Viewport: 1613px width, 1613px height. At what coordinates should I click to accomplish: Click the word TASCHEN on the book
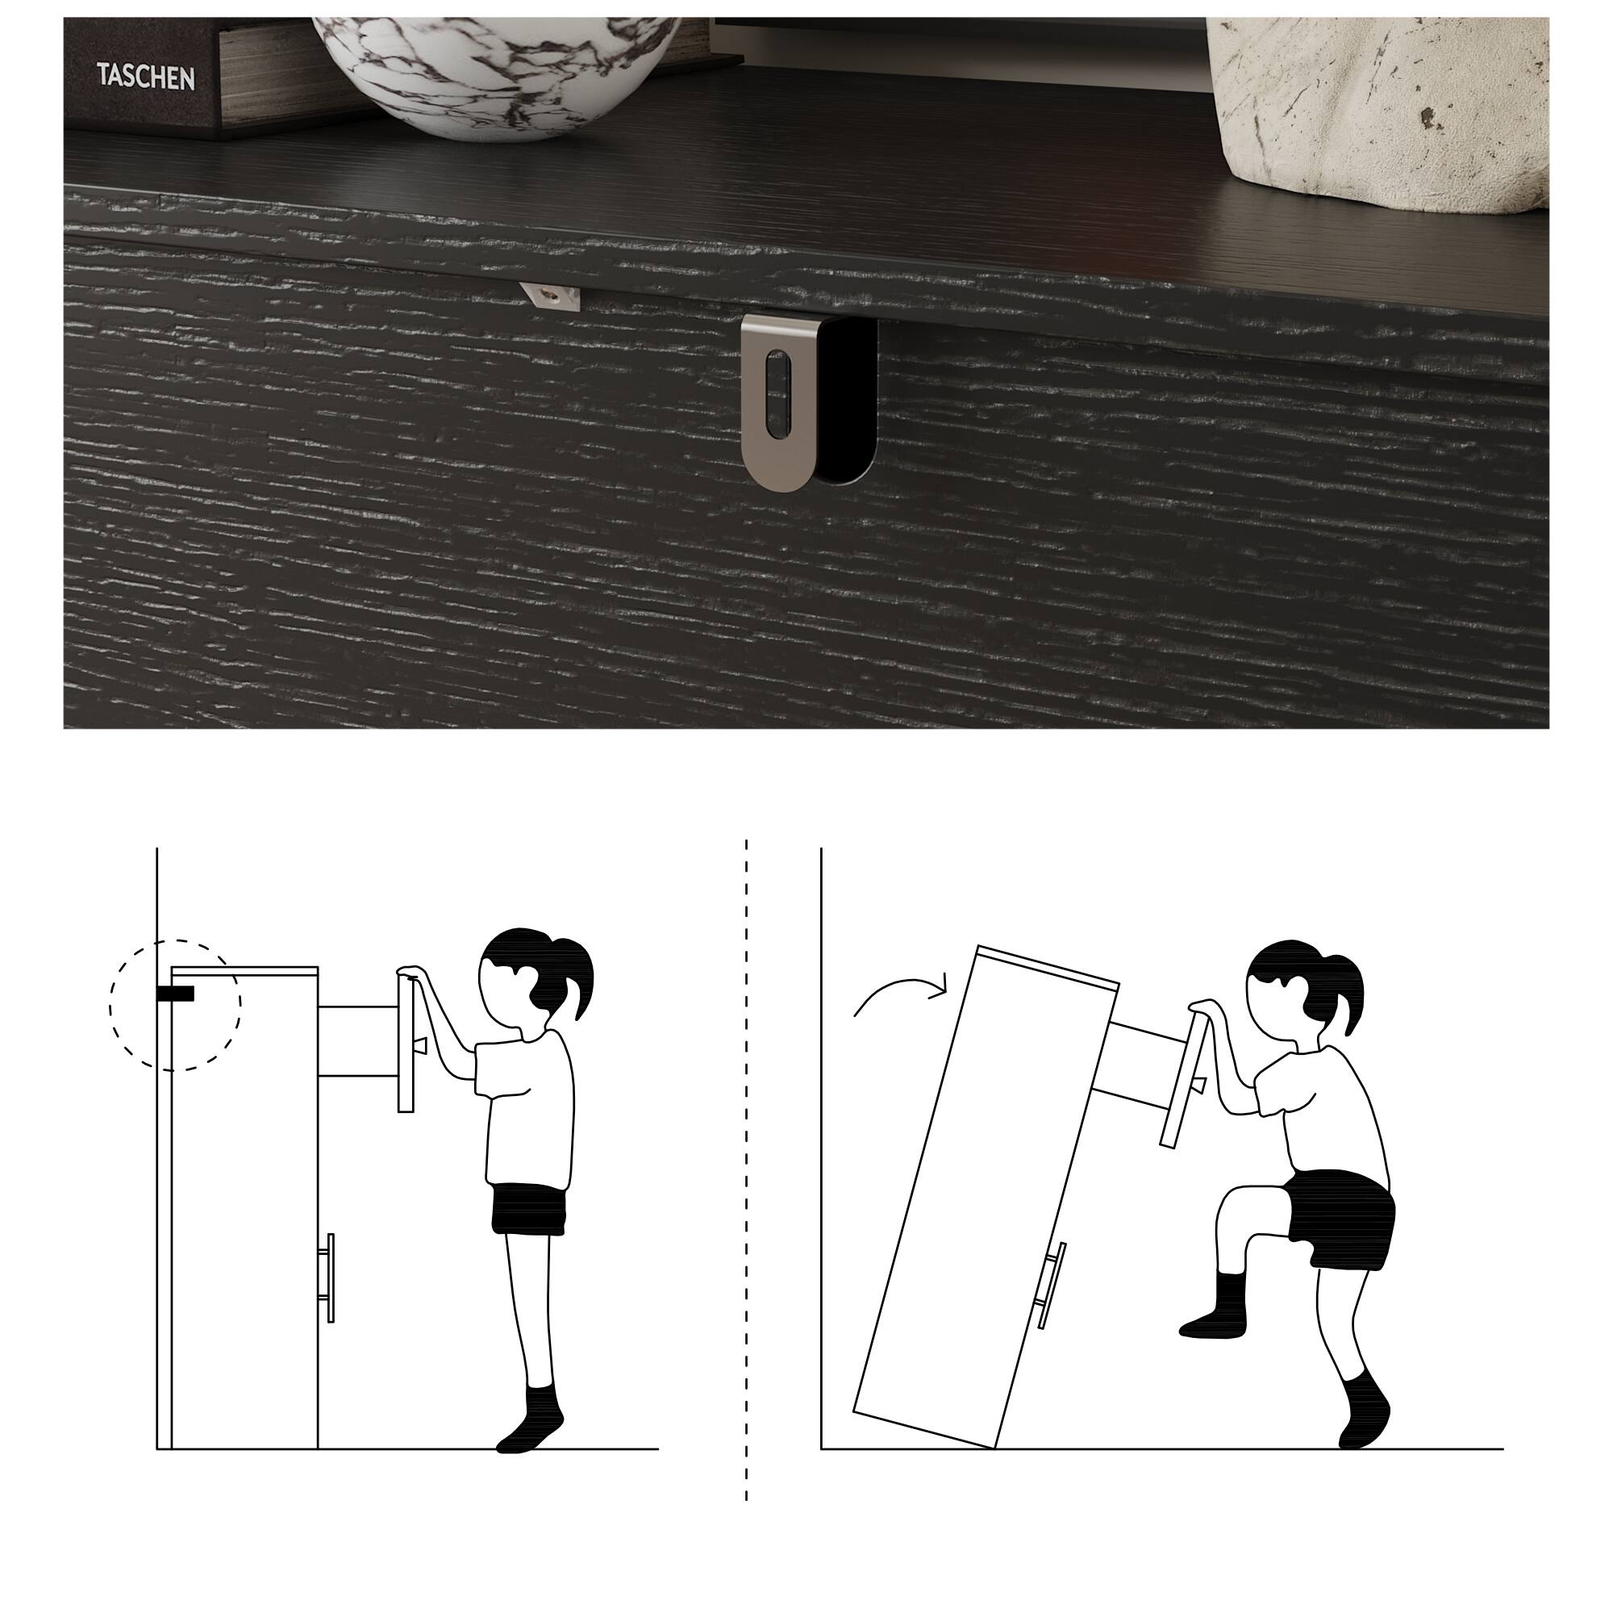click(145, 77)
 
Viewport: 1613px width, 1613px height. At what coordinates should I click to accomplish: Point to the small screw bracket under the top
click(549, 296)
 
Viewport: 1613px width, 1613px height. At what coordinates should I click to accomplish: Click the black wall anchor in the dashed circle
click(175, 994)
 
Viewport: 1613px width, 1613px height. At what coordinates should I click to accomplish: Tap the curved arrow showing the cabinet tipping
click(900, 995)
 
